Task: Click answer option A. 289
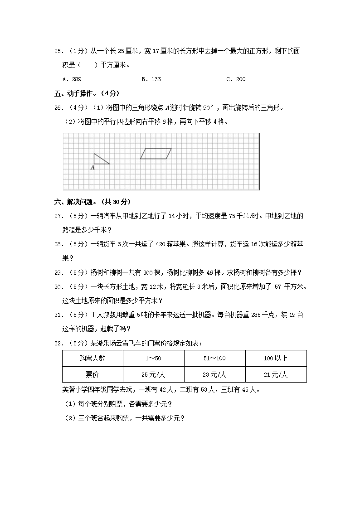(72, 79)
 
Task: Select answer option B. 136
(151, 79)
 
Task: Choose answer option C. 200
(236, 79)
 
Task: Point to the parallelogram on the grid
(156, 154)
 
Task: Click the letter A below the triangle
(92, 168)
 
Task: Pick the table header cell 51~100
(214, 358)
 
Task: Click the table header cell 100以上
(275, 358)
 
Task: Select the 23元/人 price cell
(214, 374)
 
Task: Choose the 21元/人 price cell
(275, 374)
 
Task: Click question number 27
(58, 216)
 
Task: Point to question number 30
(58, 287)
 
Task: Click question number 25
(58, 51)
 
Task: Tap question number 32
(58, 343)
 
